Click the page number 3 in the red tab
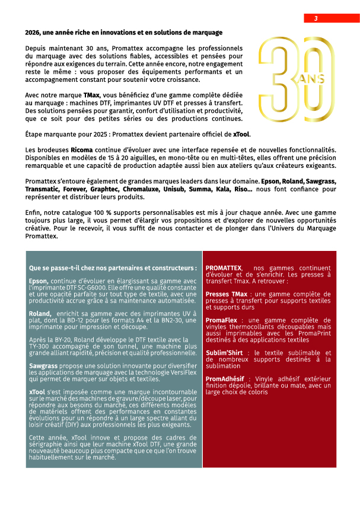point(316,18)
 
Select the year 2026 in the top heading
point(34,33)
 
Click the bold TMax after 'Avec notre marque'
point(91,95)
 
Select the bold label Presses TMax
point(226,294)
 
